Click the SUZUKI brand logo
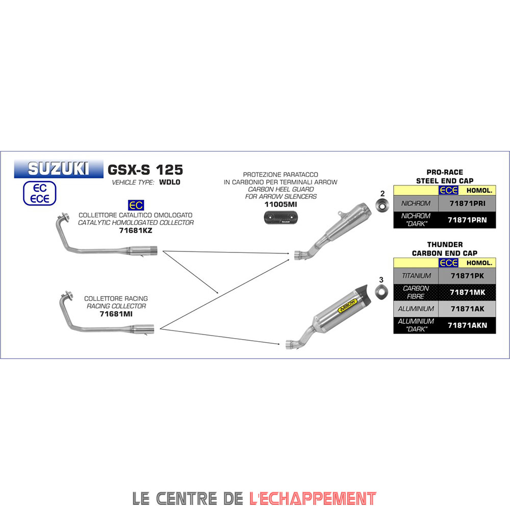pyautogui.click(x=58, y=169)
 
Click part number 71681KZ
pyautogui.click(x=136, y=231)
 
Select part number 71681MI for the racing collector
pyautogui.click(x=116, y=314)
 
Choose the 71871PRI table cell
pyautogui.click(x=467, y=203)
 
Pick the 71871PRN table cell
pyautogui.click(x=467, y=220)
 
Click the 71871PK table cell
pyautogui.click(x=467, y=276)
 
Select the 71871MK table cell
pyautogui.click(x=467, y=292)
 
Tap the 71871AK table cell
pyautogui.click(x=467, y=309)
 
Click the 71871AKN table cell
pyautogui.click(x=467, y=325)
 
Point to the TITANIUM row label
pyautogui.click(x=416, y=276)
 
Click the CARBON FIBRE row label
pyautogui.click(x=416, y=292)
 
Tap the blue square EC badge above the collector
pyautogui.click(x=136, y=206)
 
